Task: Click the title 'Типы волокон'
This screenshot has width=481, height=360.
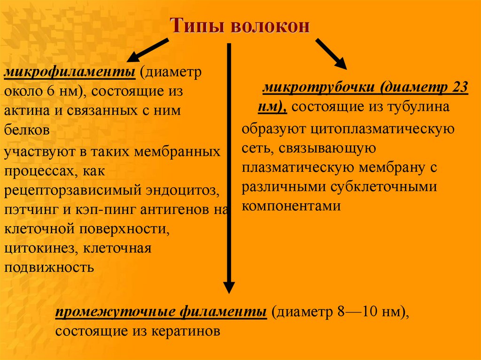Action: click(240, 25)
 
